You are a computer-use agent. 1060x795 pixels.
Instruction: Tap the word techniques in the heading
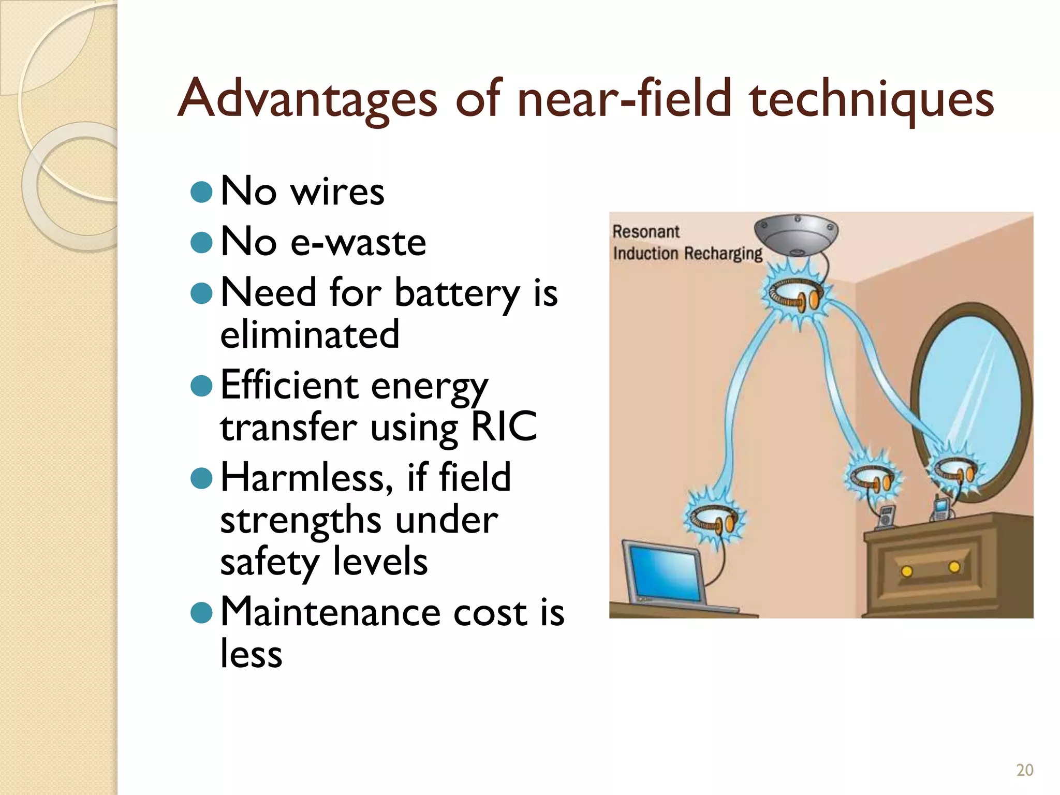tap(872, 99)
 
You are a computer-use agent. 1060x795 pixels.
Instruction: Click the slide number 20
tap(1024, 770)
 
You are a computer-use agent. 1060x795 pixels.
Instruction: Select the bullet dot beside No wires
tap(201, 192)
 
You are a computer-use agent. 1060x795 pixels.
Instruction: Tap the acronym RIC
tap(504, 427)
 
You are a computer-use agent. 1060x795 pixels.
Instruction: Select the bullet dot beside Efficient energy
tap(201, 386)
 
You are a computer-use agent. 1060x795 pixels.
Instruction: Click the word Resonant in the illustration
tap(645, 231)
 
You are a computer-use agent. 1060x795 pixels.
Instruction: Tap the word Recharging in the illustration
tap(724, 254)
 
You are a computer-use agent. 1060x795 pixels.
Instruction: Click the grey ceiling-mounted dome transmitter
tap(796, 234)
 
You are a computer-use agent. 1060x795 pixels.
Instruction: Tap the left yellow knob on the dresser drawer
tap(906, 571)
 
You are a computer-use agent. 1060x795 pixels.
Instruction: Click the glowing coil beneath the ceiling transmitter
tap(795, 295)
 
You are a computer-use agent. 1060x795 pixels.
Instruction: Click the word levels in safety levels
tap(380, 562)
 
